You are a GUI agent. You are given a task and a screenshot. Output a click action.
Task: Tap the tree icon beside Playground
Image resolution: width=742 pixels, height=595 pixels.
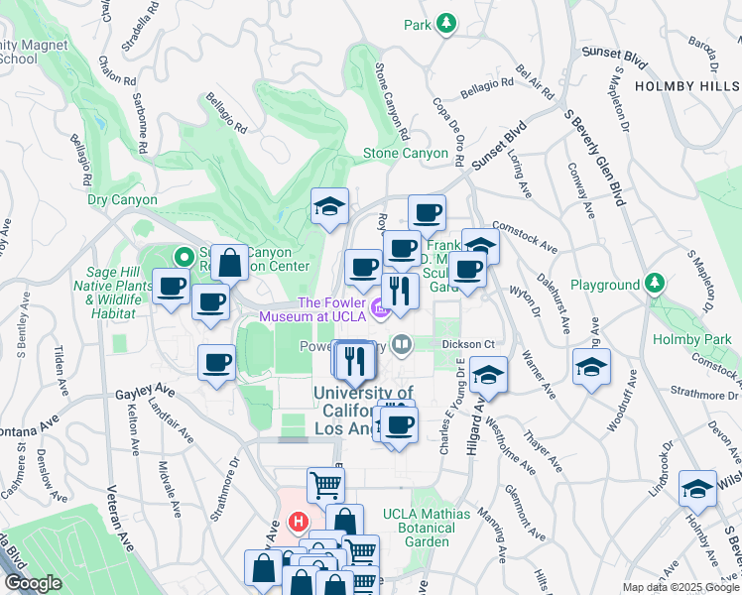[x=655, y=285]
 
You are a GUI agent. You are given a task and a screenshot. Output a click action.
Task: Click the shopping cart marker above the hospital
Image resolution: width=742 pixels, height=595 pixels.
[x=325, y=485]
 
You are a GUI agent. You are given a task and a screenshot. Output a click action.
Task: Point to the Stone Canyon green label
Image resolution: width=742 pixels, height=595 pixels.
[x=405, y=154]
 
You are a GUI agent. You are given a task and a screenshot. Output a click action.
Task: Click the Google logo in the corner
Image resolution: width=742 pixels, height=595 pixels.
[x=32, y=583]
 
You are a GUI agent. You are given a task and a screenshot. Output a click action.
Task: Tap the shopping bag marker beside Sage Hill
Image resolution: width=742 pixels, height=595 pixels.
[x=230, y=263]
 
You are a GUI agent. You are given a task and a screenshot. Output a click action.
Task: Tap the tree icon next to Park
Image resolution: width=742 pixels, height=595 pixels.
[x=446, y=23]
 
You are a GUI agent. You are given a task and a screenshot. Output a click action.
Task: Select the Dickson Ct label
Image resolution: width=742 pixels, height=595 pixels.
[x=468, y=344]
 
